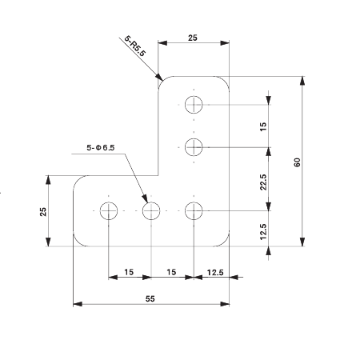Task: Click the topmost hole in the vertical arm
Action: [x=194, y=104]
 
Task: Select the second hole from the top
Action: [x=194, y=146]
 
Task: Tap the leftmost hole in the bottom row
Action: [x=109, y=211]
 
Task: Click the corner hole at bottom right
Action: [x=194, y=211]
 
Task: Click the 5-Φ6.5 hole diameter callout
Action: [x=101, y=147]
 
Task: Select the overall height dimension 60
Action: [x=297, y=162]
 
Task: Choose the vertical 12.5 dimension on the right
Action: [x=262, y=231]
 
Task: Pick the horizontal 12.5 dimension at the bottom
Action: [x=214, y=272]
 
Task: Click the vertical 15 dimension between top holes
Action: [x=262, y=126]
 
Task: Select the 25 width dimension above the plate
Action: [x=193, y=38]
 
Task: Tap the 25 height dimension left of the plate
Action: [x=43, y=211]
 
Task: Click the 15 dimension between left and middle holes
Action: [x=129, y=272]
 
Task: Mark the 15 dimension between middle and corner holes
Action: [x=171, y=272]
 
